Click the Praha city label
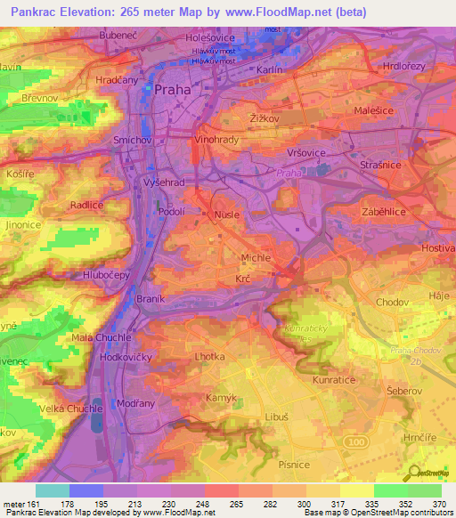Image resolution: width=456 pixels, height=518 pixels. (x=173, y=90)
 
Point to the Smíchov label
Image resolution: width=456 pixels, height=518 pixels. (x=134, y=141)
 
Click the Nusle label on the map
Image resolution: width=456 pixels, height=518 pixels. (x=219, y=215)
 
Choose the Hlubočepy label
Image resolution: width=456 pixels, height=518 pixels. (x=107, y=276)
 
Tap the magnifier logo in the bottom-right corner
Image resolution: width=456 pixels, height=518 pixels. (x=416, y=474)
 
